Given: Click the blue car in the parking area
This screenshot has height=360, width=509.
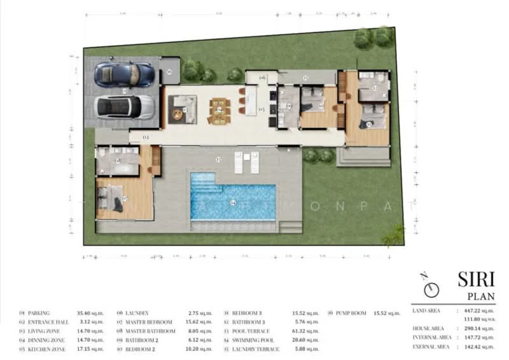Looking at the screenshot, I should (x=124, y=74).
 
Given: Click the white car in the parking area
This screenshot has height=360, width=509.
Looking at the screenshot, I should (x=123, y=107).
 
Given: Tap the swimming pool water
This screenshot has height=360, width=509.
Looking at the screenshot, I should (x=233, y=202).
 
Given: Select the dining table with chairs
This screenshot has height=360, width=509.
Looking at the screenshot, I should (x=220, y=110).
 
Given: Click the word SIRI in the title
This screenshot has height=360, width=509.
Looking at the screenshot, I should (x=475, y=280).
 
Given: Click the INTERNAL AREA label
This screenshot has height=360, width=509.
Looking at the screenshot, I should (x=433, y=337).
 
